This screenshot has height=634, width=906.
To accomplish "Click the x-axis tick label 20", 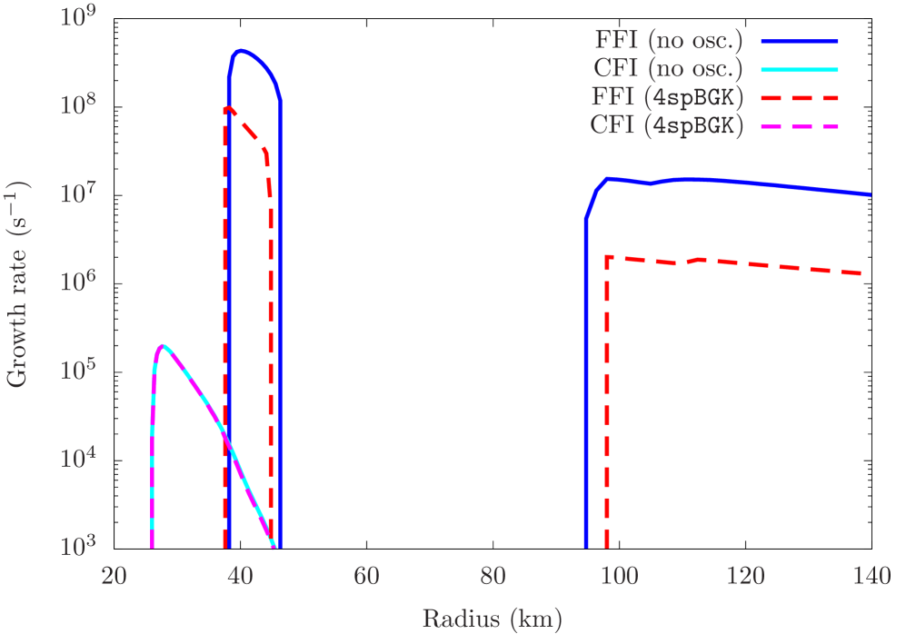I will [x=114, y=578].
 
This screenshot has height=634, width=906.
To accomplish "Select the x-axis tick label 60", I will [x=366, y=578].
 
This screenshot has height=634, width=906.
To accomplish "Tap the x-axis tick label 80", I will [x=493, y=578].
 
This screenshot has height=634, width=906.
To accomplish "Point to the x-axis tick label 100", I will [x=619, y=578].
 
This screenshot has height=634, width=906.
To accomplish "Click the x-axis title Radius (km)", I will [x=492, y=619].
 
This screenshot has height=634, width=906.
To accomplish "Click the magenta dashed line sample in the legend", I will [x=799, y=127].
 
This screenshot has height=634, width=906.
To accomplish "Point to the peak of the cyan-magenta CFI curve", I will [x=163, y=345].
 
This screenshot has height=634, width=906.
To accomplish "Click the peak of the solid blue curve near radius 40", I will [x=240, y=51].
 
